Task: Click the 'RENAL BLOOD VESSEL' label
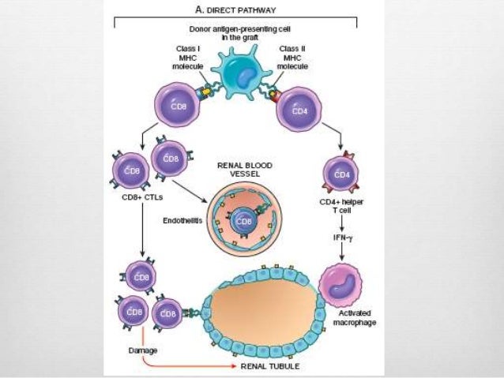(x=245, y=171)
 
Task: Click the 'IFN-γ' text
(x=341, y=235)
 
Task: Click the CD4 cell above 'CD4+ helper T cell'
(x=342, y=174)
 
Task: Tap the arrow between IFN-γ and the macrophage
(x=341, y=251)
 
